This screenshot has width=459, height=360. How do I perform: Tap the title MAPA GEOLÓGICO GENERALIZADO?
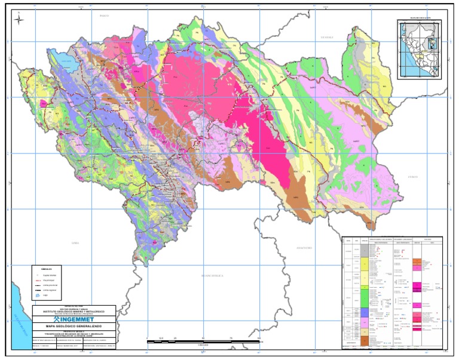pos(76,328)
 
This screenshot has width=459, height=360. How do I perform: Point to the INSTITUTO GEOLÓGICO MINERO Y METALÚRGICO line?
pos(76,311)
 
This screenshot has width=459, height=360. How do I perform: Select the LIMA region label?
pos(74,244)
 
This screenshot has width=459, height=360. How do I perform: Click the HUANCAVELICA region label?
pos(213,275)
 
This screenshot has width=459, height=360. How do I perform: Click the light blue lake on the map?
pos(60,58)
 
